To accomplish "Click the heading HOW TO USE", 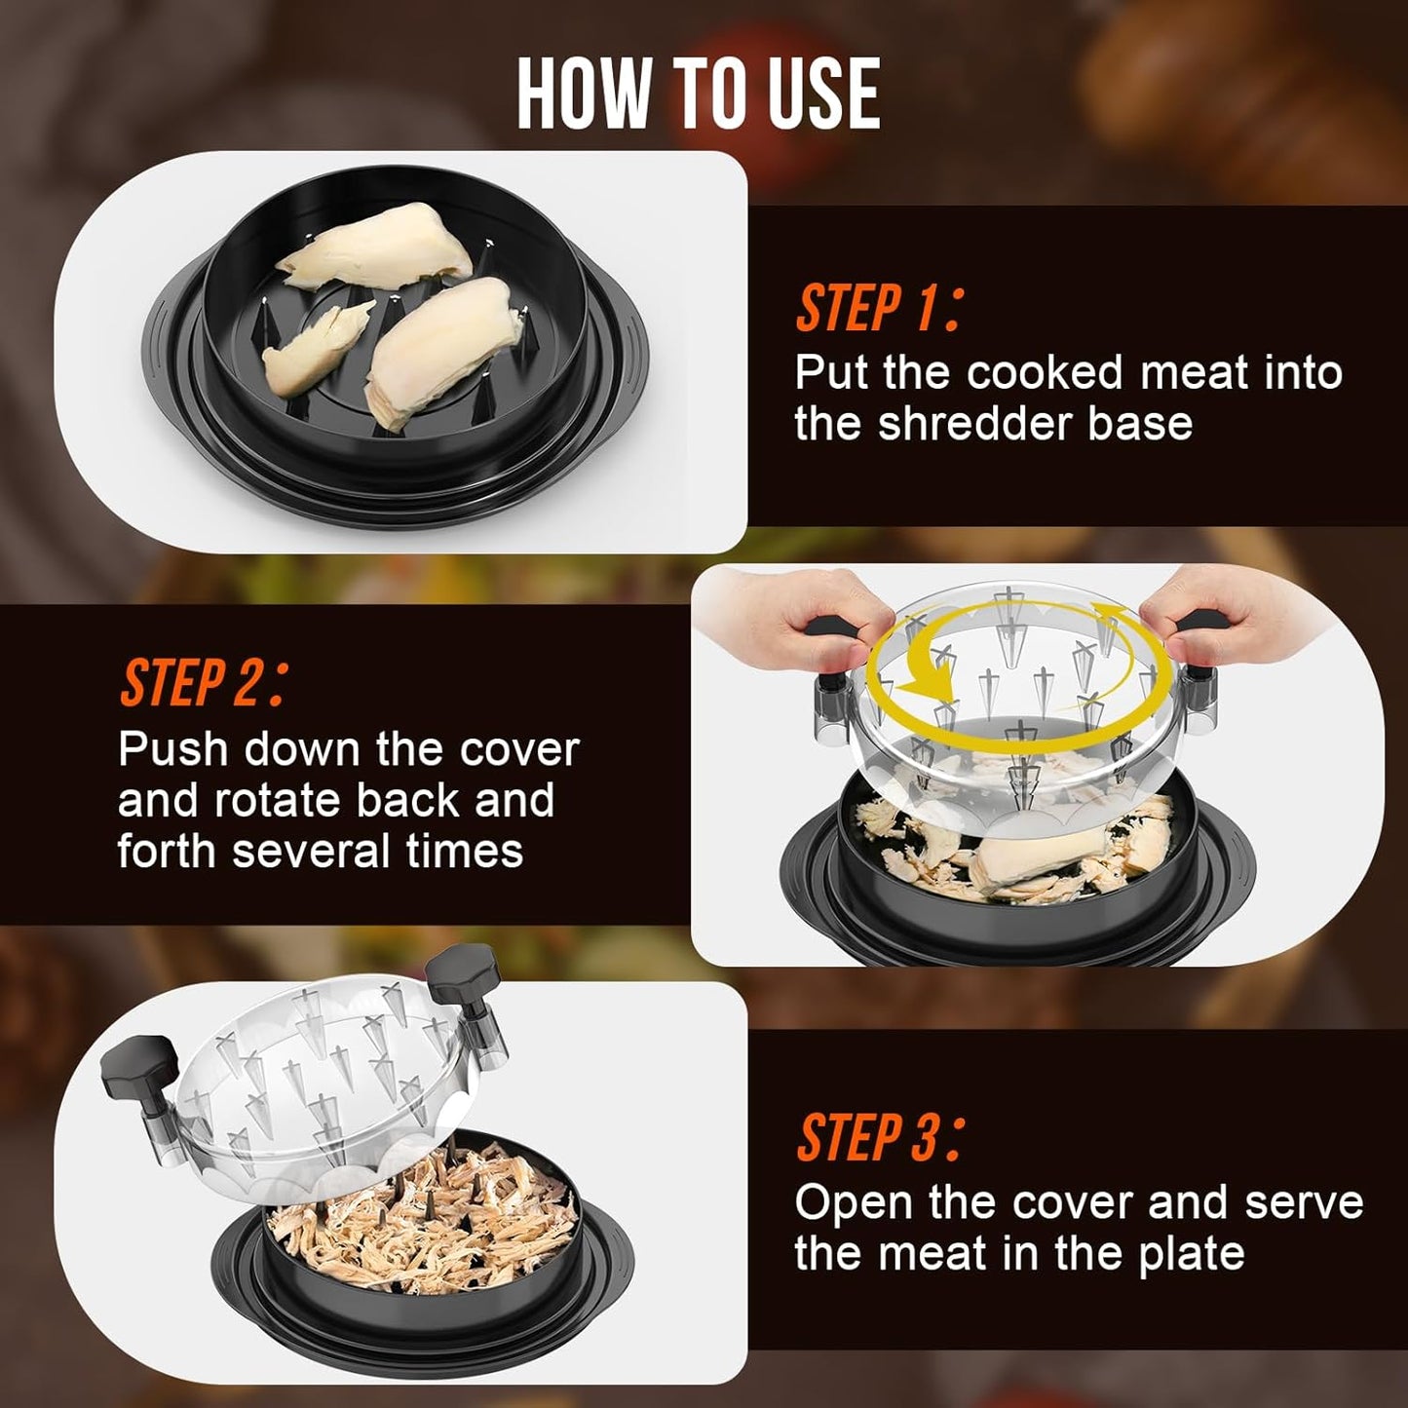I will (x=698, y=94).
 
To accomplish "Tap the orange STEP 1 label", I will (x=877, y=310).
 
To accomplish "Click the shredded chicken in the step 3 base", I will (x=419, y=1218).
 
